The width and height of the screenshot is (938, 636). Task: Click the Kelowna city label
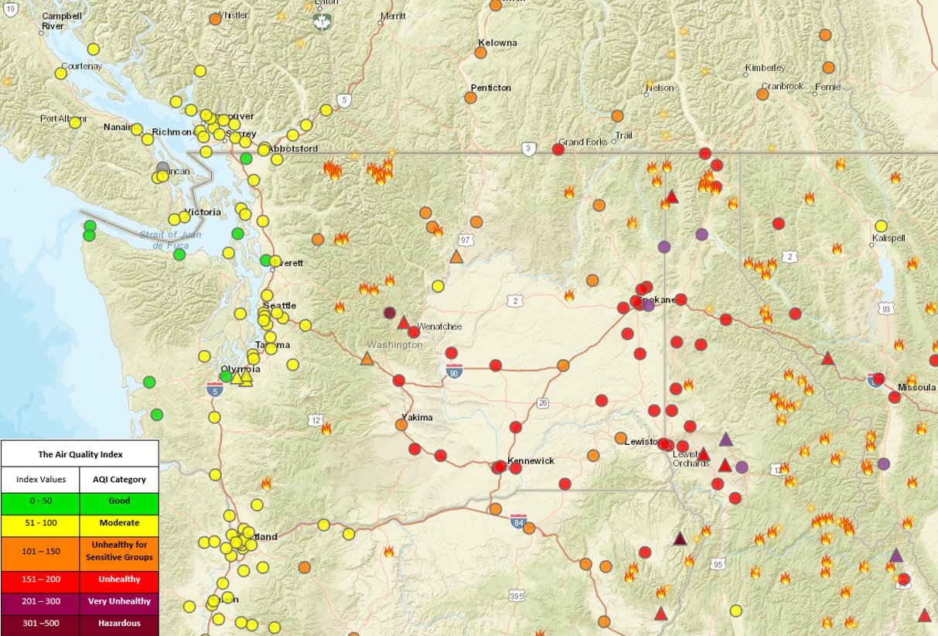tap(497, 43)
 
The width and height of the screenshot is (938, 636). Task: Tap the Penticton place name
tap(491, 87)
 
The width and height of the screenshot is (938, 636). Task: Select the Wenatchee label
tap(439, 327)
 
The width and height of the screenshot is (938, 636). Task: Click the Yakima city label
tap(418, 418)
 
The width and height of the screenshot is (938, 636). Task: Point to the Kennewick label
tap(530, 460)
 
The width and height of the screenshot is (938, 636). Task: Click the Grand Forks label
tap(584, 142)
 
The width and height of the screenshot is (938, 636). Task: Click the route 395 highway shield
tap(517, 596)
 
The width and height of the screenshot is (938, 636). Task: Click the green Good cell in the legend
tap(118, 501)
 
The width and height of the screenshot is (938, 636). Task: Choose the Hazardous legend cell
tap(118, 623)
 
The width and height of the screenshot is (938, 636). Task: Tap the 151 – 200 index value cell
tap(39, 579)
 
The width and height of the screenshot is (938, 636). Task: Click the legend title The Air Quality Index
tap(80, 455)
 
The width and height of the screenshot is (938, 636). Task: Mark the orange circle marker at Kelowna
tap(480, 53)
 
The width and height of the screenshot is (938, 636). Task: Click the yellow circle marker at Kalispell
tap(880, 226)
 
